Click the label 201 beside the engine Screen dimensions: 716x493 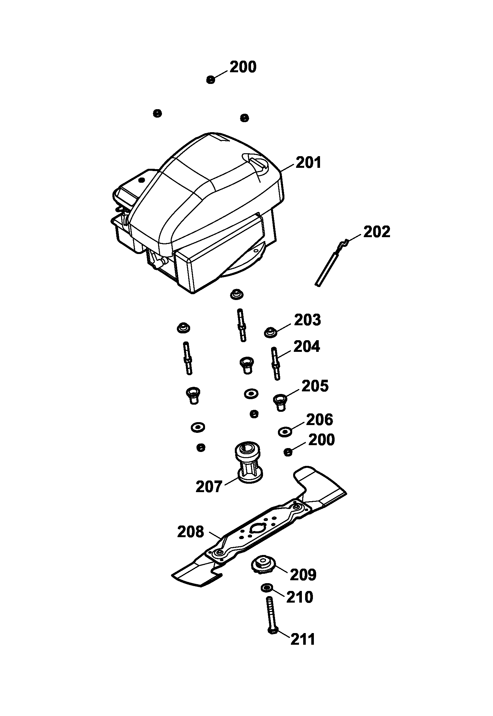point(308,162)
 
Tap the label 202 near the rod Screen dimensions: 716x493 point(377,232)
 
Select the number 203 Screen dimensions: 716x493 point(307,320)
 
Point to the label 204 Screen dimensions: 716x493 point(306,347)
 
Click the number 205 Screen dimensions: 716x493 point(315,386)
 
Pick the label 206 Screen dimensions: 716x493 point(319,420)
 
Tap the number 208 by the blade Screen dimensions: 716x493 point(191,532)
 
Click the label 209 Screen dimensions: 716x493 point(303,575)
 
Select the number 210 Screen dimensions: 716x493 point(300,597)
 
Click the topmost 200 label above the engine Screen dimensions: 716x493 point(243,67)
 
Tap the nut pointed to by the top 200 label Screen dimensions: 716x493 point(211,79)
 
